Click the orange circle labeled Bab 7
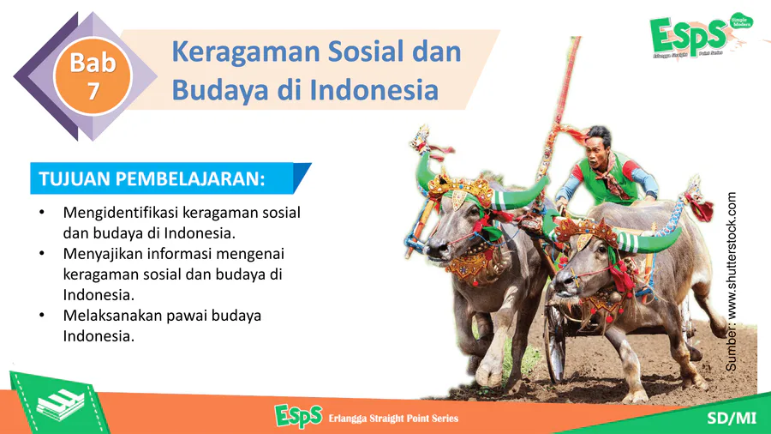(93, 76)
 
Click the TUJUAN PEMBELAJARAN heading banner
(170, 178)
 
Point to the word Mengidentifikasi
(121, 213)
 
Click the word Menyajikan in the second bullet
(102, 255)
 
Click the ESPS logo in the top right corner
(700, 35)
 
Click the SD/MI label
(732, 418)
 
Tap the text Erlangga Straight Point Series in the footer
(393, 419)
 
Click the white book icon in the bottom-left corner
(60, 405)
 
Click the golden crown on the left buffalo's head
(461, 188)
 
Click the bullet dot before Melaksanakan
(42, 316)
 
